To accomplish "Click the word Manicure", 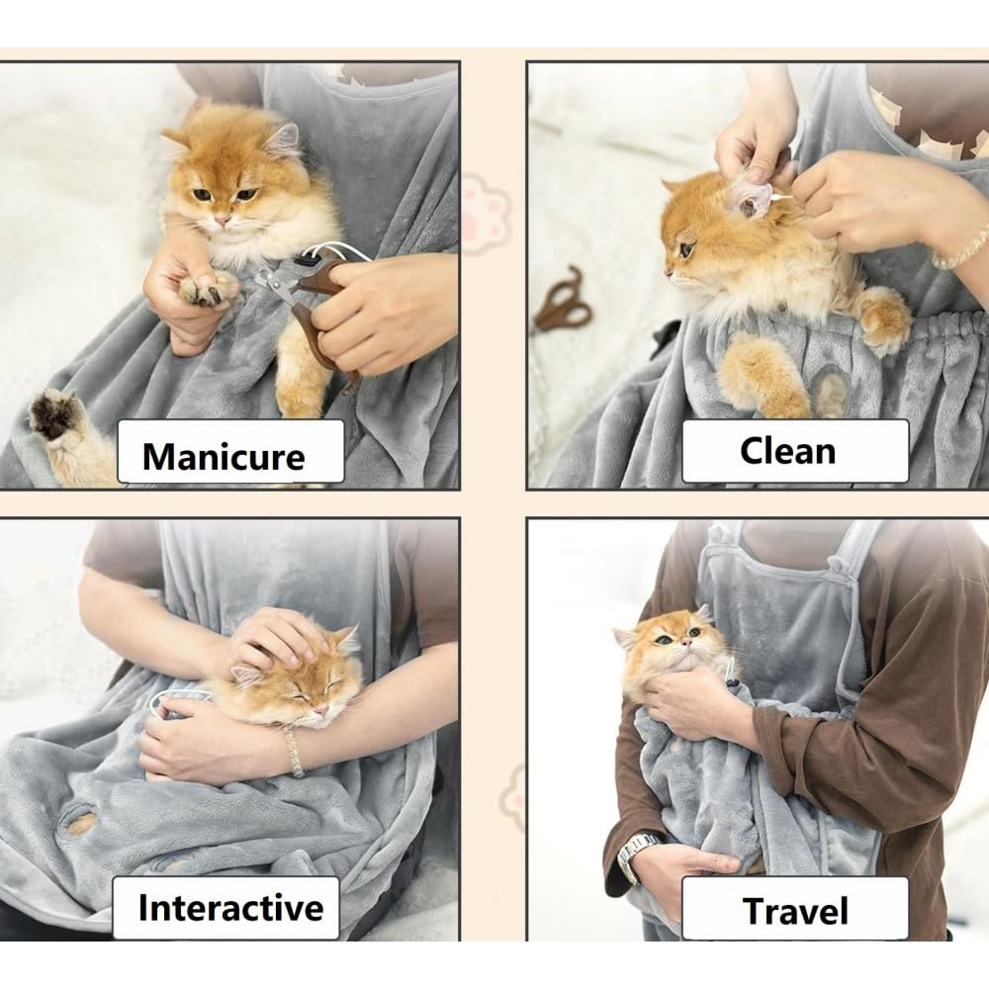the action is point(224,456).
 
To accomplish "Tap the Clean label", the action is point(788,452).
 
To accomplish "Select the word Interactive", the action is point(230,908).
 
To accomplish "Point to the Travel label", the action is point(795,912).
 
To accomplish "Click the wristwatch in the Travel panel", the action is point(637,854).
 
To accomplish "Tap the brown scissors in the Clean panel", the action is point(564,300).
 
